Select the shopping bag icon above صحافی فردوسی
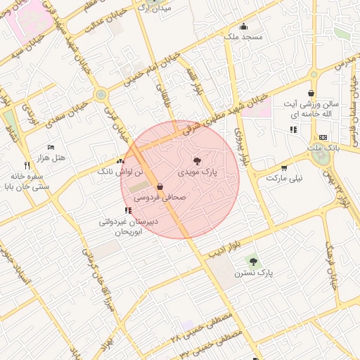tap(160, 188)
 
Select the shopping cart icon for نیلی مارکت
tap(283, 168)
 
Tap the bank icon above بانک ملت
tap(323, 137)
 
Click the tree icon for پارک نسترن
tap(253, 262)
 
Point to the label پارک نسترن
tap(254, 272)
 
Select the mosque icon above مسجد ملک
tap(243, 27)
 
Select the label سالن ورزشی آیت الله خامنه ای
tap(310, 109)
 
